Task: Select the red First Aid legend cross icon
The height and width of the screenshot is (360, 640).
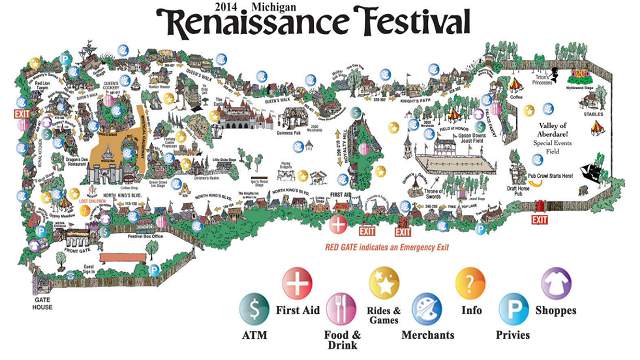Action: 297,283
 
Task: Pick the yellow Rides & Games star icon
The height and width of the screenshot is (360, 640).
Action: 384,283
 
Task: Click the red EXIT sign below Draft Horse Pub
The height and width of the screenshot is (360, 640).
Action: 540,218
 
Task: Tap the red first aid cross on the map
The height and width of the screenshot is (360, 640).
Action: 340,222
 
